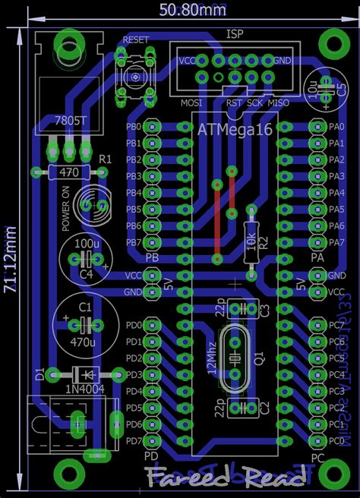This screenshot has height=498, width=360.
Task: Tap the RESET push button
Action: click(x=134, y=76)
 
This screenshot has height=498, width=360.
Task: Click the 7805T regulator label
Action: click(x=71, y=121)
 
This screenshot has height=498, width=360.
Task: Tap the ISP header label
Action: click(x=234, y=33)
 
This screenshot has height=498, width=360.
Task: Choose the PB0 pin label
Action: click(x=133, y=127)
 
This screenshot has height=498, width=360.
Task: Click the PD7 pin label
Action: click(x=133, y=441)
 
